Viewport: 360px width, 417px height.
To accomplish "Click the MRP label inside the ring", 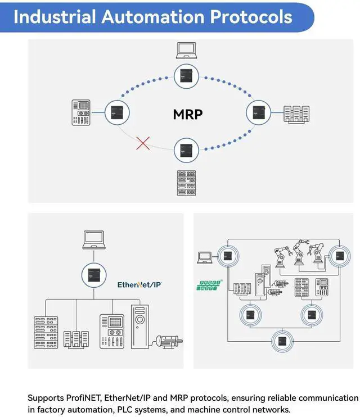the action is [x=188, y=114].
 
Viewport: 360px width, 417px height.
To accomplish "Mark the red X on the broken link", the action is [x=143, y=143].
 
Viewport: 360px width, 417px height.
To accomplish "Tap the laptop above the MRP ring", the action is [x=186, y=50].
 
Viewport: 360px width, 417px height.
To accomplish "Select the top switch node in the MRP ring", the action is [x=186, y=76].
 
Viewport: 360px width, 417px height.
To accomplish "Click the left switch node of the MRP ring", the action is [x=117, y=112].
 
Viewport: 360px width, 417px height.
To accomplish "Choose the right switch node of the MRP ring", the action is [x=258, y=112].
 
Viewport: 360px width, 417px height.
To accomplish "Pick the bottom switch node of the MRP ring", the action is [x=186, y=150].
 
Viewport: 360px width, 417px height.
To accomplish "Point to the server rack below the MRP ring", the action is [x=186, y=183].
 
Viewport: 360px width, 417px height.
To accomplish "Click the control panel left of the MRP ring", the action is [x=81, y=112].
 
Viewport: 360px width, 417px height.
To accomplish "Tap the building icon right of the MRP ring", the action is [x=296, y=114].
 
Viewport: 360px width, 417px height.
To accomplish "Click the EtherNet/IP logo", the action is [x=139, y=285].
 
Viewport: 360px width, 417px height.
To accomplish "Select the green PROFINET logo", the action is [x=209, y=285].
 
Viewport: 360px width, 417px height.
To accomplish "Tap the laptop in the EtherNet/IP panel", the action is [x=94, y=240].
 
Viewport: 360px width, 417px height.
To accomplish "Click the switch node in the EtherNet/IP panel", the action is [x=94, y=275].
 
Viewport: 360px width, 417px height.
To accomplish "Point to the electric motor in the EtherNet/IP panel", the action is [x=169, y=342].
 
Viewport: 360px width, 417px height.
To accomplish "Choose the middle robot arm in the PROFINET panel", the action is [x=300, y=252].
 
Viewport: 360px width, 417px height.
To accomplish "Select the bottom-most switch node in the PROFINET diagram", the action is [x=282, y=341].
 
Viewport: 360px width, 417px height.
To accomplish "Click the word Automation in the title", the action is [x=153, y=16].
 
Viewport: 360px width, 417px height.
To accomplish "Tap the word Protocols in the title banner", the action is [x=251, y=16].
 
